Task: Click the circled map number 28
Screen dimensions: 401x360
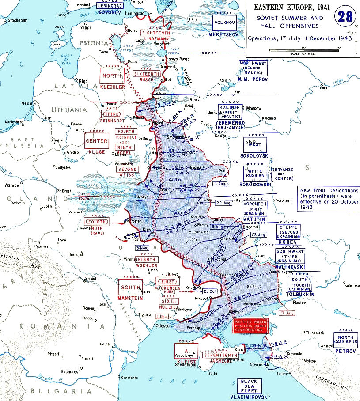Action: [x=347, y=17]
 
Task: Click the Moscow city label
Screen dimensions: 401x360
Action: [x=254, y=108]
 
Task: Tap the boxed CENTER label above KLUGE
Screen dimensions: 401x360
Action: [x=97, y=141]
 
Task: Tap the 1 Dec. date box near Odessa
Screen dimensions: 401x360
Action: [x=162, y=316]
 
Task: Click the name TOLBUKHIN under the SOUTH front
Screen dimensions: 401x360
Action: [x=300, y=294]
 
